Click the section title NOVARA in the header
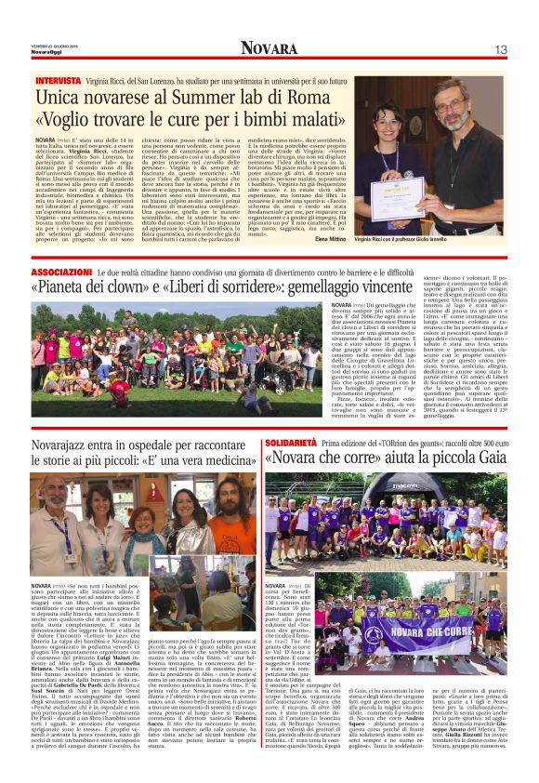269,48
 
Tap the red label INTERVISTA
59,81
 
